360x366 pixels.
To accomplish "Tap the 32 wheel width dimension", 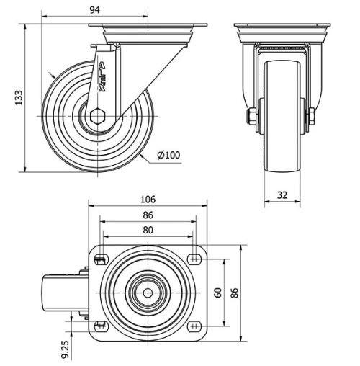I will coord(282,195).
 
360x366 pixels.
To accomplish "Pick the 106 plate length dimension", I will coord(148,200).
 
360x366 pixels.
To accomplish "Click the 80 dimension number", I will coord(148,230).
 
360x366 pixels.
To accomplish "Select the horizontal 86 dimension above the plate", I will coord(148,215).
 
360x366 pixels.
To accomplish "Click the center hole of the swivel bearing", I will coord(148,293).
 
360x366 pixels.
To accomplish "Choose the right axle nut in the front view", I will coord(313,117).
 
